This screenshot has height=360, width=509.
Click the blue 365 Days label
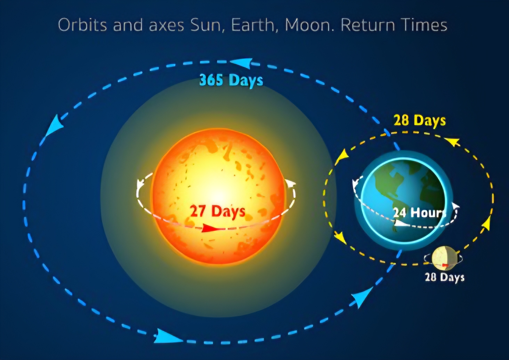pyautogui.click(x=231, y=80)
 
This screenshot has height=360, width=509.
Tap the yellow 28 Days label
pyautogui.click(x=419, y=121)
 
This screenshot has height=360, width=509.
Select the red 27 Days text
pyautogui.click(x=218, y=211)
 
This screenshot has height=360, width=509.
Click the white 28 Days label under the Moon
pyautogui.click(x=444, y=277)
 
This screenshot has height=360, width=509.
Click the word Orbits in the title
pyautogui.click(x=82, y=25)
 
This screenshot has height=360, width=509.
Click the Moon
pyautogui.click(x=443, y=258)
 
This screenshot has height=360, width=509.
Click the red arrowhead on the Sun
pyautogui.click(x=210, y=228)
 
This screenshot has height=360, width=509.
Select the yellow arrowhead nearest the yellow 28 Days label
pyautogui.click(x=452, y=141)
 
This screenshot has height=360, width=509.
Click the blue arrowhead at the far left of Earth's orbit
pyautogui.click(x=56, y=124)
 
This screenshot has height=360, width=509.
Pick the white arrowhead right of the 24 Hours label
pyautogui.click(x=455, y=207)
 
